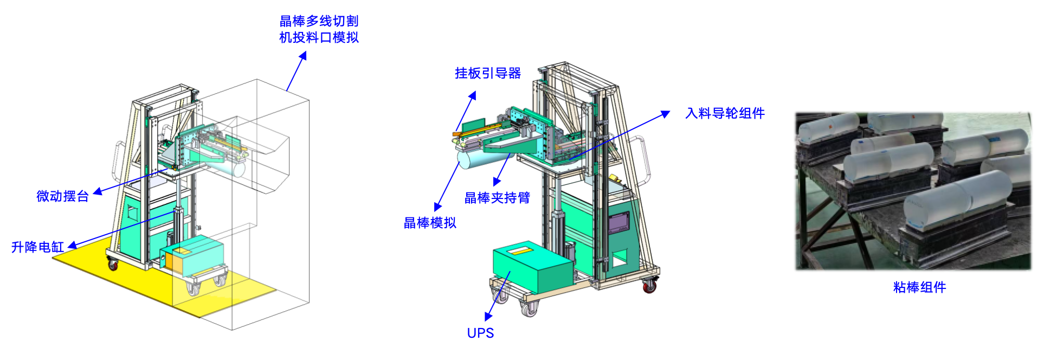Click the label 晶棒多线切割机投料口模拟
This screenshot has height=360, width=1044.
319,29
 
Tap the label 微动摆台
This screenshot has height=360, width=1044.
62,196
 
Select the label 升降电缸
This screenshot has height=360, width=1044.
37,247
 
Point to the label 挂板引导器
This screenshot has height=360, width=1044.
488,73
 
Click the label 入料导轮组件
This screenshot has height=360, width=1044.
725,113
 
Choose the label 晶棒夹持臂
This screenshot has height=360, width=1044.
497,198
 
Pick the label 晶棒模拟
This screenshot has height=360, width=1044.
430,223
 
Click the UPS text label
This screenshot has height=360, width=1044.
480,333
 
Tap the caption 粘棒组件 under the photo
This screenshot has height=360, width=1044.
919,287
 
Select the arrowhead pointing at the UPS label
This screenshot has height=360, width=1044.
488,317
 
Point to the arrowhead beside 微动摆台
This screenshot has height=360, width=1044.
98,191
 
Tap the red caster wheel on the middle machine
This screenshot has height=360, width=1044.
649,286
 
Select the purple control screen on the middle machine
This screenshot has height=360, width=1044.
618,222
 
